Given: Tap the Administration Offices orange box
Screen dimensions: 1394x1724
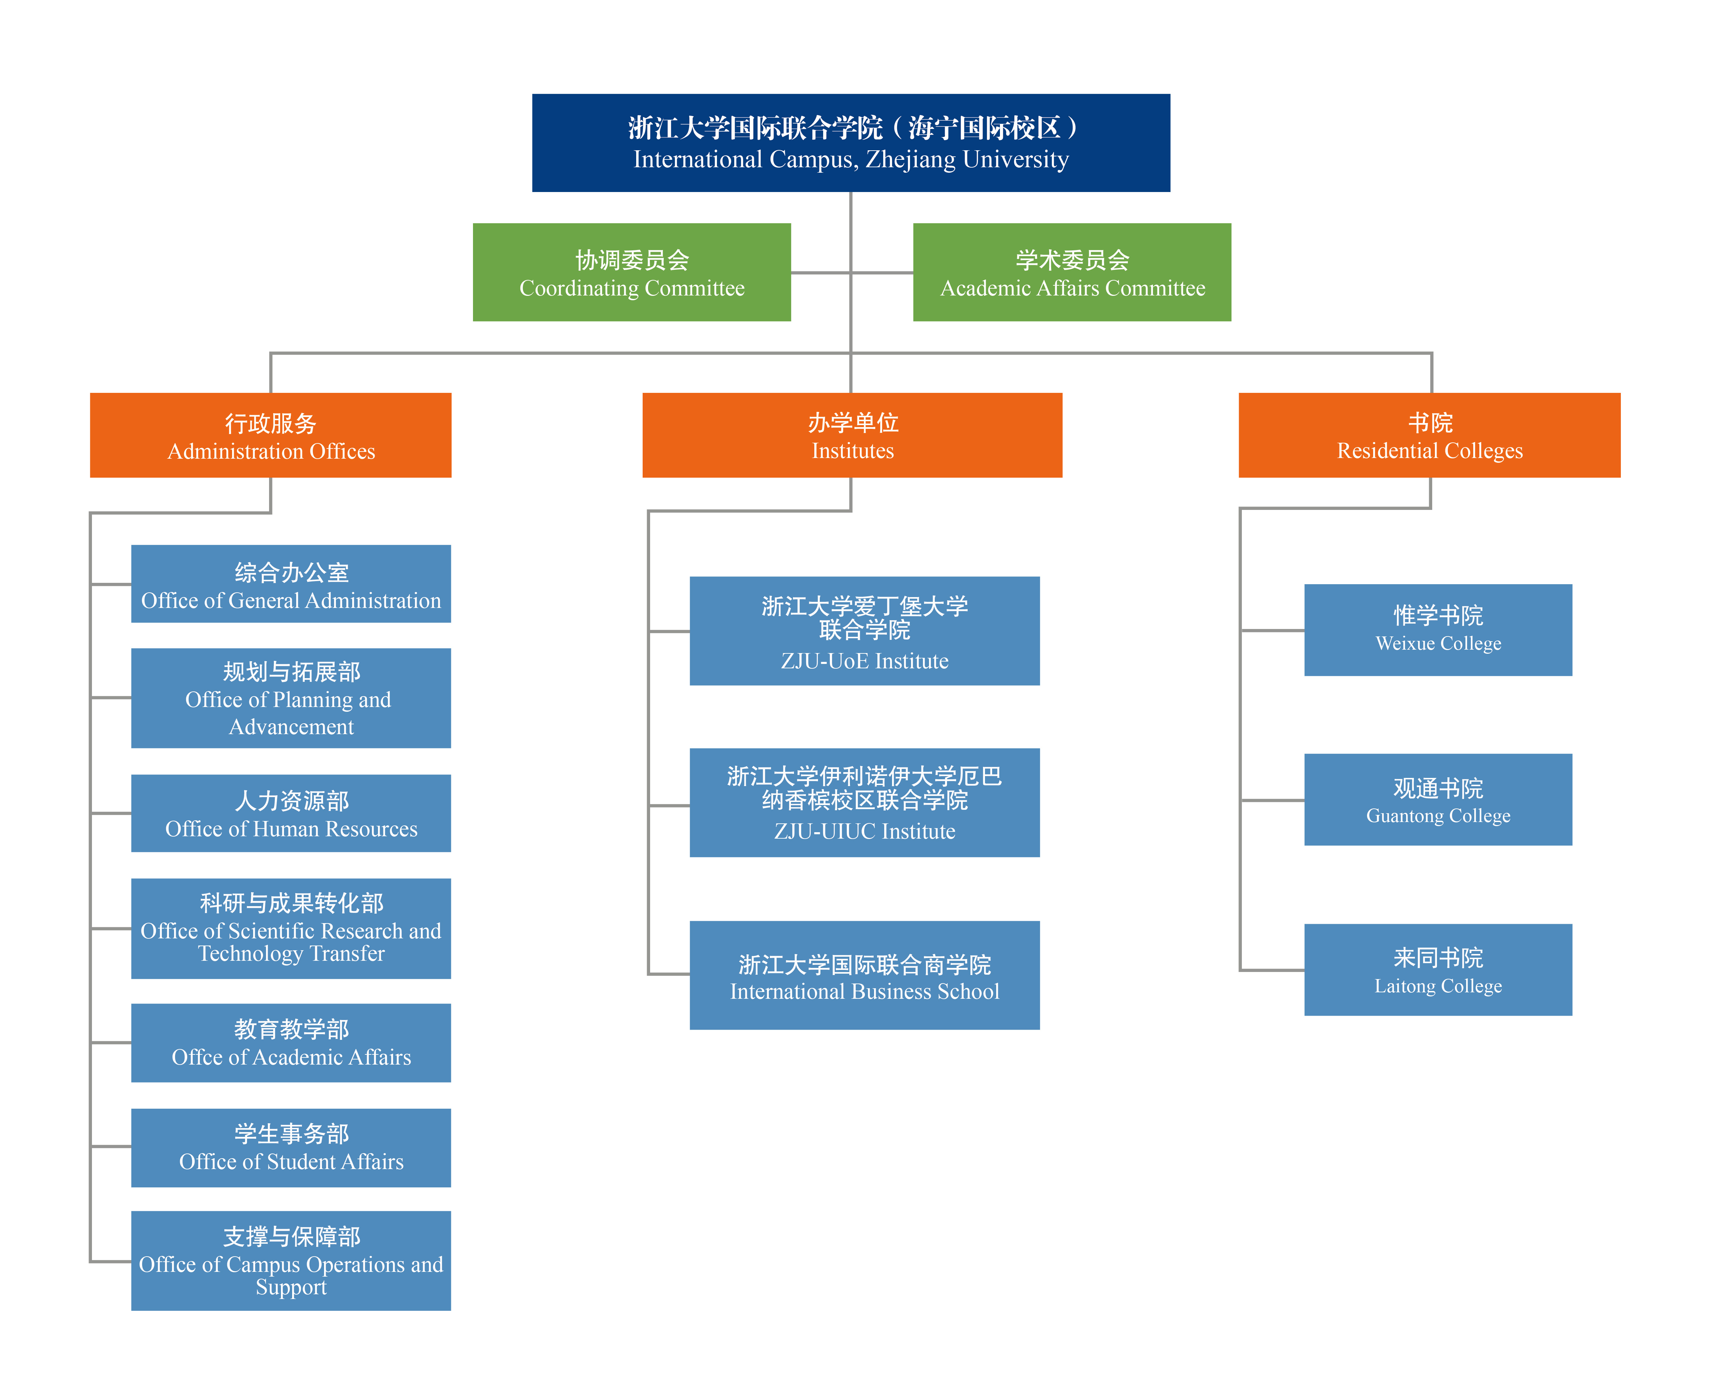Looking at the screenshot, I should point(271,435).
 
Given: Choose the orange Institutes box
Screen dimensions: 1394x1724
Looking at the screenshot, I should point(852,435).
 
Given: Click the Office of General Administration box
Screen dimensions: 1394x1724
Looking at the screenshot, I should point(291,584).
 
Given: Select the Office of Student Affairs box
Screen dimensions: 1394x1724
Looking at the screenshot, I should point(291,1147).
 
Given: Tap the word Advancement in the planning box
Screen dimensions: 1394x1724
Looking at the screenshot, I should point(291,727).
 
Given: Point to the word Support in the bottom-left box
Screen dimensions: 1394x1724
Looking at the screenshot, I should point(291,1287).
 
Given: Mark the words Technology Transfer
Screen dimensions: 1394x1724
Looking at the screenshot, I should point(291,954).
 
